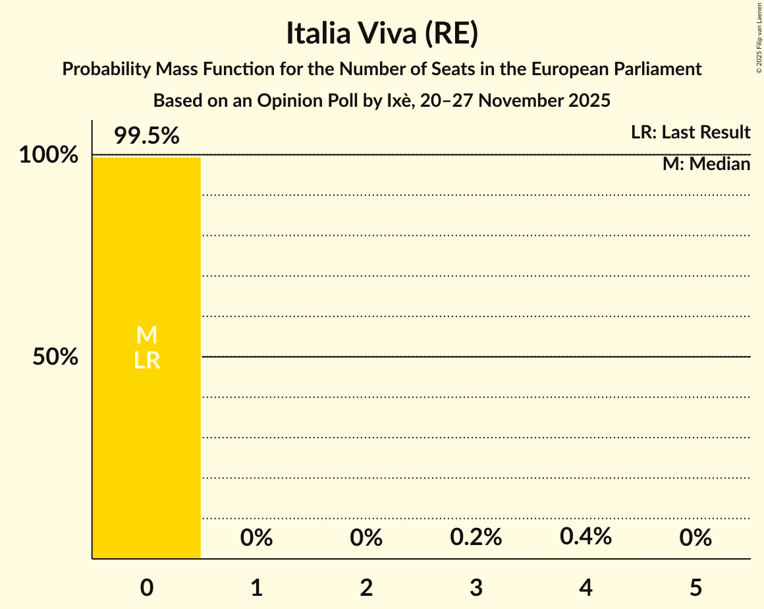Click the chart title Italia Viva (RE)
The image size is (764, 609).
[x=381, y=34]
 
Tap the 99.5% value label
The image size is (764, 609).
[x=146, y=136]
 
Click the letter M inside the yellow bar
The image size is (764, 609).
[x=146, y=335]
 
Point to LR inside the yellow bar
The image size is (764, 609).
[x=146, y=361]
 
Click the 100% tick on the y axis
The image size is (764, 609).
[x=49, y=156]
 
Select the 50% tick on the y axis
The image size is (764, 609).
[x=55, y=357]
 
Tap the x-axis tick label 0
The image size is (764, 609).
[x=146, y=587]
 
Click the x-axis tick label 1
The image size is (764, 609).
[x=256, y=587]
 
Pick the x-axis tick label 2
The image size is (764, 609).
[x=366, y=587]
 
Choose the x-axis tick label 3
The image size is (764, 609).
[x=476, y=587]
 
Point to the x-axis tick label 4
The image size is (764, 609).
[x=586, y=587]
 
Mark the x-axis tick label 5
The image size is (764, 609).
[x=696, y=587]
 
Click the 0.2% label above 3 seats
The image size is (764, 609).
[x=476, y=538]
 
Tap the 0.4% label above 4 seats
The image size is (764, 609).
[x=586, y=536]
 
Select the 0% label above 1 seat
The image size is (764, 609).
[x=256, y=538]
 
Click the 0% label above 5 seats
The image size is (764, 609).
[x=696, y=538]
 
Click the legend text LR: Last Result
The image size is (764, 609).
[x=690, y=132]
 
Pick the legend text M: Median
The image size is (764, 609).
[x=706, y=164]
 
